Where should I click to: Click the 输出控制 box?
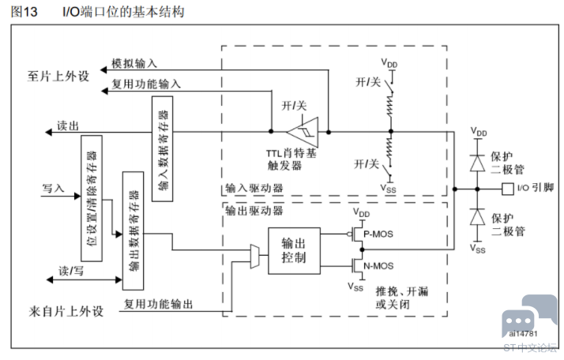(x=294, y=251)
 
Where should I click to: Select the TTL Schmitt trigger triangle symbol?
(x=303, y=132)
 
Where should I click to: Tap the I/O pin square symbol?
(x=508, y=189)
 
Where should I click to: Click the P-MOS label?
(x=378, y=234)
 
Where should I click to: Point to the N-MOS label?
(x=378, y=266)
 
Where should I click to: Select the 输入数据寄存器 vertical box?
(x=162, y=148)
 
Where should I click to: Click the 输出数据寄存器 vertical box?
(x=133, y=231)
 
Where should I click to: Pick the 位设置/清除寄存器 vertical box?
(x=92, y=198)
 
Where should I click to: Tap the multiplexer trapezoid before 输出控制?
(x=254, y=257)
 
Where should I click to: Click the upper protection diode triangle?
(x=477, y=163)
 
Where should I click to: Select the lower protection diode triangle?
(x=477, y=217)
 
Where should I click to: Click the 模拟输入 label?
(x=134, y=63)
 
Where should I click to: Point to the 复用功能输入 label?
(x=146, y=84)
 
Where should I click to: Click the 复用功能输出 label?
(x=158, y=304)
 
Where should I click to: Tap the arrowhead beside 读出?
(x=48, y=133)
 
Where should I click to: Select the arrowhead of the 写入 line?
(x=77, y=196)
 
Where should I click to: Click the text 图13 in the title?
(x=24, y=12)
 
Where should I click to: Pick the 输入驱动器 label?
(x=254, y=188)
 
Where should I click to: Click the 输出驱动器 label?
(x=254, y=210)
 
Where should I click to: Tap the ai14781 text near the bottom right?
(x=523, y=334)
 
